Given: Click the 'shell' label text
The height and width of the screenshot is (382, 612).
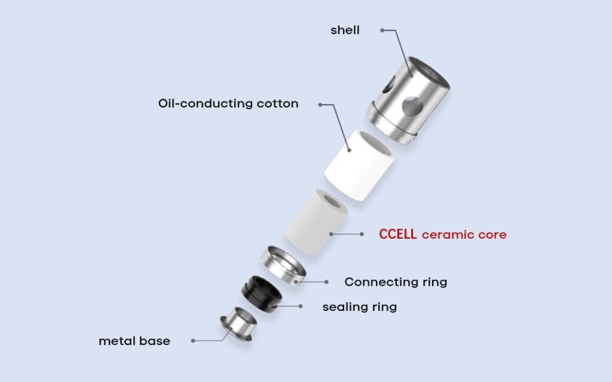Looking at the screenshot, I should [x=345, y=30].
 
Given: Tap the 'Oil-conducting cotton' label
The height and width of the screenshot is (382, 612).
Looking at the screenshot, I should [x=228, y=103].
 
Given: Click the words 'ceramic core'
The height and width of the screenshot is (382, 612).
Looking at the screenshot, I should [x=464, y=235].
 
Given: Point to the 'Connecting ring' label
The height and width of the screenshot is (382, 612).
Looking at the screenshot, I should [x=396, y=282].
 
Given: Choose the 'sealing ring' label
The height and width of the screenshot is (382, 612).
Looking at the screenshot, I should [x=359, y=307].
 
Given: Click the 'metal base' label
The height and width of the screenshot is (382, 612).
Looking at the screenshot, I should [x=134, y=341].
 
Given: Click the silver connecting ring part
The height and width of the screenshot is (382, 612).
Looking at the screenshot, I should [x=284, y=265].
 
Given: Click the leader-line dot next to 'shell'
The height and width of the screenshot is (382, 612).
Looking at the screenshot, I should [x=382, y=30].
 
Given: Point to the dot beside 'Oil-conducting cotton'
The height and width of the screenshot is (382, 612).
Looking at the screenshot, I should [x=320, y=104].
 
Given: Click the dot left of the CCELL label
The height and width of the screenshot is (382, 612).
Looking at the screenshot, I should [x=362, y=235].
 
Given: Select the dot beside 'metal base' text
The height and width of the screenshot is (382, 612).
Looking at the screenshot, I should [x=192, y=341].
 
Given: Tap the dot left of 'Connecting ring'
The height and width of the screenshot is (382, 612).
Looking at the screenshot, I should [x=326, y=282].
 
